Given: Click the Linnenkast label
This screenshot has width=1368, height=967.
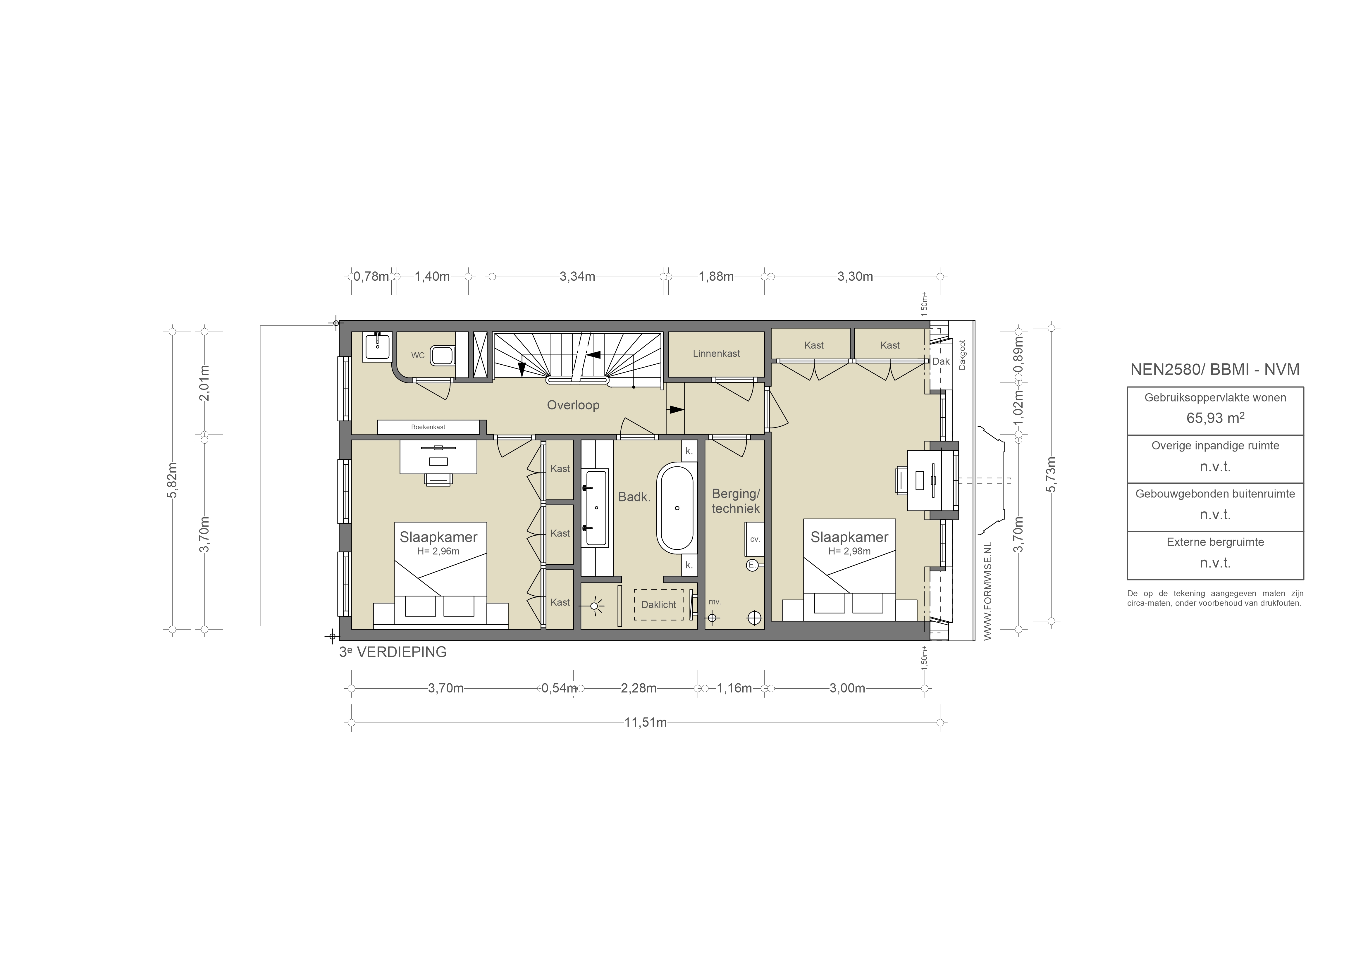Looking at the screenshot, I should (716, 353).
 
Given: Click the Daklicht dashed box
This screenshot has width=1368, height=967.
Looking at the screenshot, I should (658, 605).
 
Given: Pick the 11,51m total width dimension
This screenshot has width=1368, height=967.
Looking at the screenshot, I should (645, 723).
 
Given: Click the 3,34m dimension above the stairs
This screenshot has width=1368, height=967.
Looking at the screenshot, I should (577, 276).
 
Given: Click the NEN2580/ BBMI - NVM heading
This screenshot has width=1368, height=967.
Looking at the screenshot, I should (1215, 369).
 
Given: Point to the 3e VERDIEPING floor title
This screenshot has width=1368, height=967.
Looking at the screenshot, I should (393, 652).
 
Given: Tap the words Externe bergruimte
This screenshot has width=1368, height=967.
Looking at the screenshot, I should (1215, 542).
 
